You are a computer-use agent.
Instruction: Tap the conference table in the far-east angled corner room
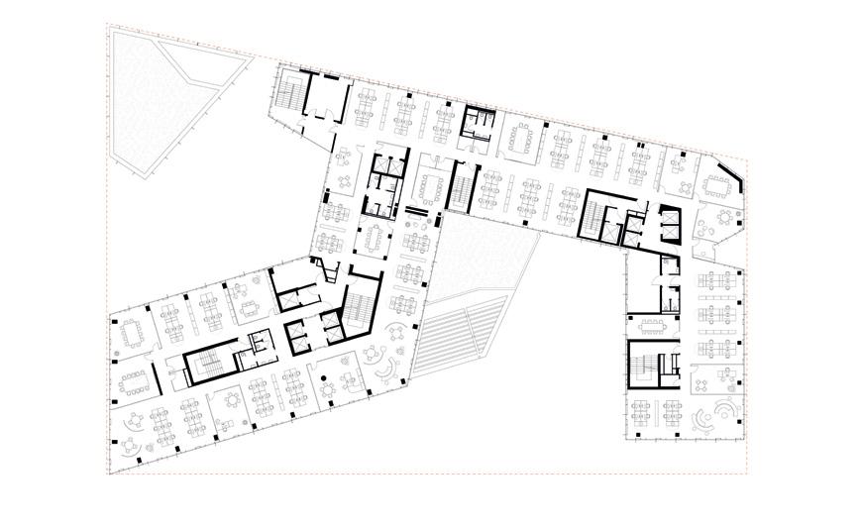[x=717, y=185]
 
